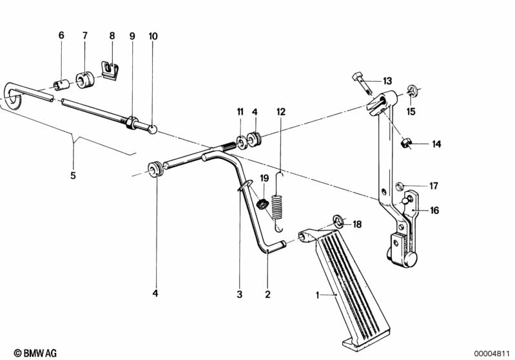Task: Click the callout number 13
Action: pos(387,81)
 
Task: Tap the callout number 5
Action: pos(73,175)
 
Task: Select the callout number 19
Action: pos(264,178)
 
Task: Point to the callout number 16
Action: pos(434,210)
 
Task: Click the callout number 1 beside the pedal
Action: pos(317,296)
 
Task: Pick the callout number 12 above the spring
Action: pos(281,112)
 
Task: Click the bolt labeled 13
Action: pos(362,84)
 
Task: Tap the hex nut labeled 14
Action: pos(407,143)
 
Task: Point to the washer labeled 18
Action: pos(338,220)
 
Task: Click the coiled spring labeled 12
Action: pos(278,202)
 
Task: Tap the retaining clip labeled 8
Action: pos(110,70)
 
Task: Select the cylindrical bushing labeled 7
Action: pos(84,80)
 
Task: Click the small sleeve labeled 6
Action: pos(61,86)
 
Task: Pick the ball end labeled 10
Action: pos(153,129)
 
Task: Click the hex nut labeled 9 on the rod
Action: pos(131,123)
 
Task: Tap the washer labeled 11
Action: pos(242,142)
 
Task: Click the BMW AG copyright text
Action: pos(35,353)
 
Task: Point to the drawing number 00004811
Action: pos(492,354)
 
